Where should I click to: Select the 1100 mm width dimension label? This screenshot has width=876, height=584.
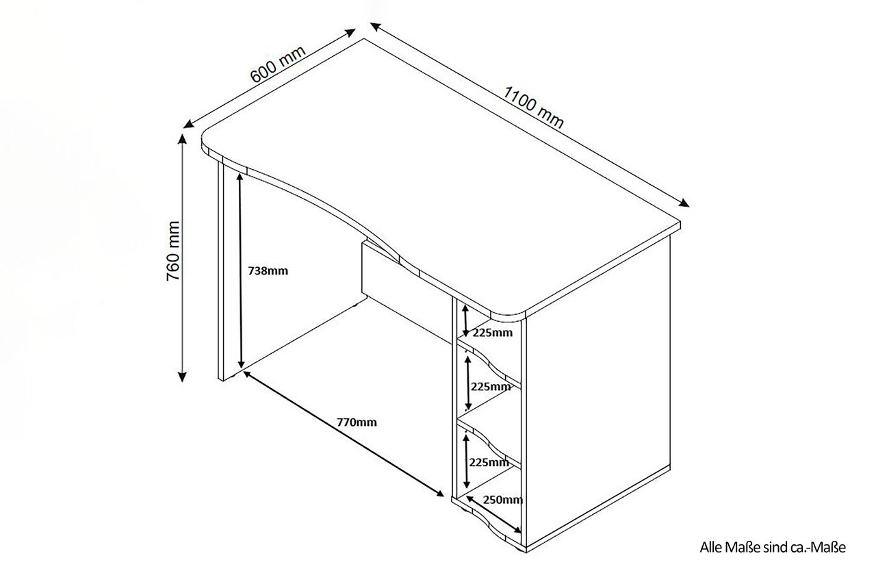pos(533,107)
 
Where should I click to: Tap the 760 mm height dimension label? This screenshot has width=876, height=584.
pos(172,251)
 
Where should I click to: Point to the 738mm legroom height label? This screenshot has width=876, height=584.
pos(268,270)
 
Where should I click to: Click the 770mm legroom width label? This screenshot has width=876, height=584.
pos(357,422)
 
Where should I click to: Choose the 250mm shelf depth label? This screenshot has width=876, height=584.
pos(502,500)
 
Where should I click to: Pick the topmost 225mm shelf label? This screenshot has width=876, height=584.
pos(492,333)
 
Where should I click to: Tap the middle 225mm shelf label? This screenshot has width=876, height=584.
pos(491,386)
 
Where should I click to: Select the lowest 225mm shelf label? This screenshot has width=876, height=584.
pos(489,462)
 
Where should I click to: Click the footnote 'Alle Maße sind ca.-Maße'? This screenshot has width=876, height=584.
pos(773,547)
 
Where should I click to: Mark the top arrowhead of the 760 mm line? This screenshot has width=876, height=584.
pos(182,138)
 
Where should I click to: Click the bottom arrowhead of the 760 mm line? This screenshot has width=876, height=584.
pos(182,377)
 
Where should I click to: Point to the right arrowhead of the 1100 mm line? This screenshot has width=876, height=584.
pos(684,203)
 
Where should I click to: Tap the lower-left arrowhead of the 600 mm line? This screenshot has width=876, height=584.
pos(188,124)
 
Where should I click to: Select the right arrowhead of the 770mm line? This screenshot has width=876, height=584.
pos(440,494)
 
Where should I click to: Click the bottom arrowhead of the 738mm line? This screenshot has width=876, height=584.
pos(242,364)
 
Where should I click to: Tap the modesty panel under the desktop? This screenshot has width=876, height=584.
pos(407,293)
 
